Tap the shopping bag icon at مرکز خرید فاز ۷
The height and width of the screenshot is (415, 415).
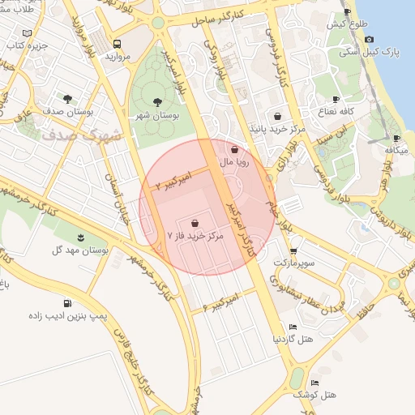pyautogui.click(x=195, y=222)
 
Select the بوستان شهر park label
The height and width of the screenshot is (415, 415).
pyautogui.click(x=159, y=117)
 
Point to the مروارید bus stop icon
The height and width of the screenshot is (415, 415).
pyautogui.click(x=118, y=44)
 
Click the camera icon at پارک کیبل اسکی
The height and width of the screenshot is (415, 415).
pyautogui.click(x=369, y=39)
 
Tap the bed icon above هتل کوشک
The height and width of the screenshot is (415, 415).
pyautogui.click(x=314, y=383)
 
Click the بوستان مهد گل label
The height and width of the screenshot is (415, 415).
pyautogui.click(x=80, y=251)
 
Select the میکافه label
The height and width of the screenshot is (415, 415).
pyautogui.click(x=396, y=150)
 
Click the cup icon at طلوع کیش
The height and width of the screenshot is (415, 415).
pyautogui.click(x=348, y=12)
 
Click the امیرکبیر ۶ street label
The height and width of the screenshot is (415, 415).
pyautogui.click(x=221, y=302)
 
